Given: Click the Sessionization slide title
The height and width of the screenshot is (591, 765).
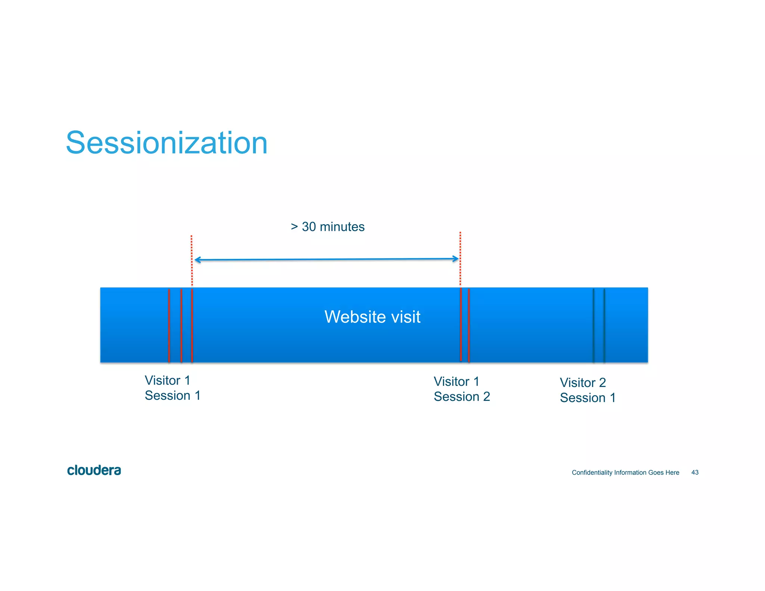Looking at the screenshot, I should (167, 143).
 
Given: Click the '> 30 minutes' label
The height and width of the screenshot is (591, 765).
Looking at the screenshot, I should (327, 227).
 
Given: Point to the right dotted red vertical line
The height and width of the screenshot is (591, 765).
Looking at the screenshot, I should (460, 258).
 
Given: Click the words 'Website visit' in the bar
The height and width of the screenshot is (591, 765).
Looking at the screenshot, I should (372, 317).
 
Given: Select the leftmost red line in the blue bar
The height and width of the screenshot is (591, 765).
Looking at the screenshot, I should (169, 325).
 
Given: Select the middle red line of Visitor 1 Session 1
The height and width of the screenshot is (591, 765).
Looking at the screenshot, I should (181, 325).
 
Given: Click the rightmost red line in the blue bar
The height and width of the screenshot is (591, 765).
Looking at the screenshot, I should (469, 325).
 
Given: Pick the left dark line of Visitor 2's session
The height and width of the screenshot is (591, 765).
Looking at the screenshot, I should (593, 325).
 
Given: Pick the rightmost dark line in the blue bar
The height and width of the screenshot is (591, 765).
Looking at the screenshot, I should (604, 325).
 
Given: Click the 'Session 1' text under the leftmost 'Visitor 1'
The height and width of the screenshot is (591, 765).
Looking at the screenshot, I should (173, 396).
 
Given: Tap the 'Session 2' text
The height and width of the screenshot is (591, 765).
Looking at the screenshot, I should (462, 397).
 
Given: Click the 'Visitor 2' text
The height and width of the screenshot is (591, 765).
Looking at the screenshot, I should (582, 383).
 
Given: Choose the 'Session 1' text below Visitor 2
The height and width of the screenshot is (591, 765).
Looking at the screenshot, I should (587, 398).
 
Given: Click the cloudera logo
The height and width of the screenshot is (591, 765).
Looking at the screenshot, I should (94, 470).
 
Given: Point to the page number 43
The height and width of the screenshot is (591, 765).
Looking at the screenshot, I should (695, 473).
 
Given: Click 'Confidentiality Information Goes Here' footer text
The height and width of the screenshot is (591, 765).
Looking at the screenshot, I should (625, 473).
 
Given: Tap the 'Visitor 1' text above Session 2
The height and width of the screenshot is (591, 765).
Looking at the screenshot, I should (456, 381).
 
